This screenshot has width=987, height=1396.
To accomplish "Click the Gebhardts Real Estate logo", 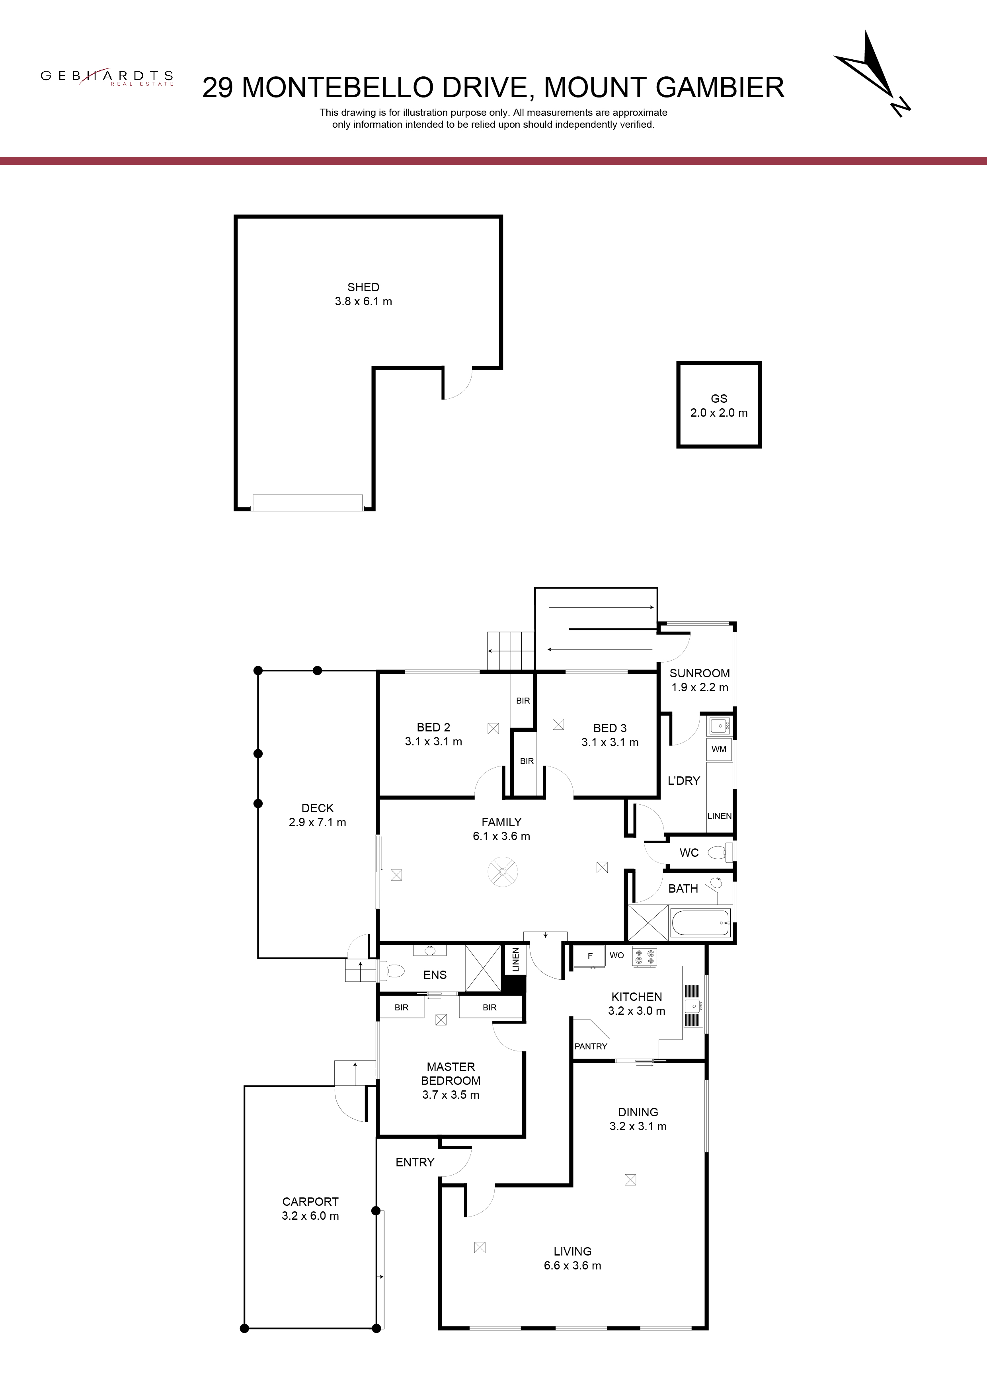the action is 107,77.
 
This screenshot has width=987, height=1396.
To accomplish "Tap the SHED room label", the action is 363,287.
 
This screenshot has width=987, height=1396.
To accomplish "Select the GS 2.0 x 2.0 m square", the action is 719,406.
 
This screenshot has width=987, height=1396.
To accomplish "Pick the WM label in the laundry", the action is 719,749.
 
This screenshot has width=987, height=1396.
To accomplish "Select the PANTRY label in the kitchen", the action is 591,1046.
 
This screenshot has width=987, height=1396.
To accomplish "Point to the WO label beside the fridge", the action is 616,955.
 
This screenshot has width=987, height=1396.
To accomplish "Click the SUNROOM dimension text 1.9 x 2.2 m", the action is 699,687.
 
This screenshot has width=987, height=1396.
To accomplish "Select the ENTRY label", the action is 415,1162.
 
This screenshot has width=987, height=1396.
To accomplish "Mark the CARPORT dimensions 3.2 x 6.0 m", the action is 310,1215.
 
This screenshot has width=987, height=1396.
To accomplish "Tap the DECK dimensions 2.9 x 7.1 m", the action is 318,822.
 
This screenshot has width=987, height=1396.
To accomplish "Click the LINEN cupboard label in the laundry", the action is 720,816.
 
